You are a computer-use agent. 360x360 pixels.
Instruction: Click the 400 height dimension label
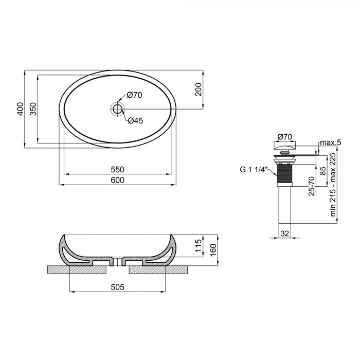(20, 109)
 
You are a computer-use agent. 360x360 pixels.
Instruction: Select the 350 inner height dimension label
(33, 109)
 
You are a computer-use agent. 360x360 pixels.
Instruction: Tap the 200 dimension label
(198, 91)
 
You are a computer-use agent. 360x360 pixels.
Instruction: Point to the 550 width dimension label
(117, 169)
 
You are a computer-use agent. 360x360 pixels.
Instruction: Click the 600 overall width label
(117, 179)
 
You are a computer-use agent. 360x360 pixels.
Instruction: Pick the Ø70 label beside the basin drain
(134, 95)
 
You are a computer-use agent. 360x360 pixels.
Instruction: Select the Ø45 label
(135, 120)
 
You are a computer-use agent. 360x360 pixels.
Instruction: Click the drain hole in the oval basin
(117, 109)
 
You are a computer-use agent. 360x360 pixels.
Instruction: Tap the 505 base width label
(118, 287)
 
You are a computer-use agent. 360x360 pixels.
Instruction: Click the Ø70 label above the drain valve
(284, 136)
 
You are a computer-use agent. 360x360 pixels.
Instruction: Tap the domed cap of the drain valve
(284, 147)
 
